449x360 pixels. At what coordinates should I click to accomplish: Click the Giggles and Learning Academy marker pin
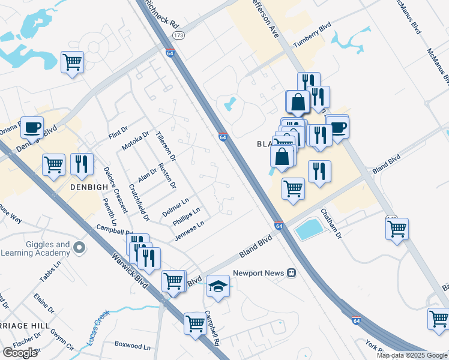click(79, 247)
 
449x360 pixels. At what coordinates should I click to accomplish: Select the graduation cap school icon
click(218, 286)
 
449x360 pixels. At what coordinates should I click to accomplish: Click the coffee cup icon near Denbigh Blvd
click(32, 127)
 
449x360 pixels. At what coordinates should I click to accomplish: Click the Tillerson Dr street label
click(166, 146)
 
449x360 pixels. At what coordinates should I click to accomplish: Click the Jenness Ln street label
click(190, 231)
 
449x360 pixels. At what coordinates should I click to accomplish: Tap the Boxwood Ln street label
click(133, 346)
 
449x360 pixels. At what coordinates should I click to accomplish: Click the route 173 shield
click(178, 36)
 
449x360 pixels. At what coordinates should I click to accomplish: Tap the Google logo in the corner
click(20, 352)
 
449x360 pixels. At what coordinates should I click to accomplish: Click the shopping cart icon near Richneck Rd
click(72, 62)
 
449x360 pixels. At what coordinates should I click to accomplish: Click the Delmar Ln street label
click(175, 207)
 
